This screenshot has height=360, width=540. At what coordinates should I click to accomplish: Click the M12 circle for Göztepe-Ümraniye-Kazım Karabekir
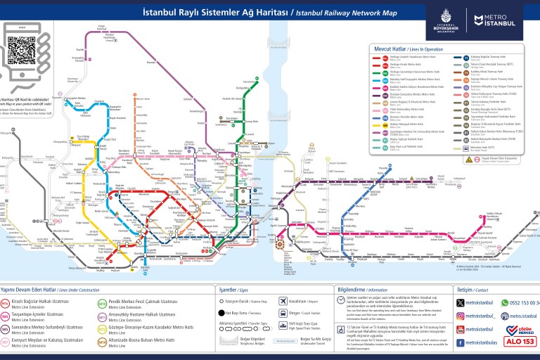tap(102, 329)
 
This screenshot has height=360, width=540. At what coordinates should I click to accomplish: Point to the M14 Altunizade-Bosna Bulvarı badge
tap(102, 342)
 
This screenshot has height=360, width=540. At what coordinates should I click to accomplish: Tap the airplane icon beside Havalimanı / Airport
tap(283, 301)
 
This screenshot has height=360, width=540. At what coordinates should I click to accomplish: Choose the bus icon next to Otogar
tap(283, 314)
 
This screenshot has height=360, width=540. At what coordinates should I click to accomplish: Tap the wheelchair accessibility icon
tap(341, 330)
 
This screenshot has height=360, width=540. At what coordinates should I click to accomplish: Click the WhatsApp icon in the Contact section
tap(504, 302)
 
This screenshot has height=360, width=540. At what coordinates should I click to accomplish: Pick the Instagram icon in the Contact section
tap(461, 316)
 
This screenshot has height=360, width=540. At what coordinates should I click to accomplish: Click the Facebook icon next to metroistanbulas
tap(461, 342)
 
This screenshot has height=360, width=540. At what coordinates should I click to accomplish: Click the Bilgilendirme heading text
tap(352, 289)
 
